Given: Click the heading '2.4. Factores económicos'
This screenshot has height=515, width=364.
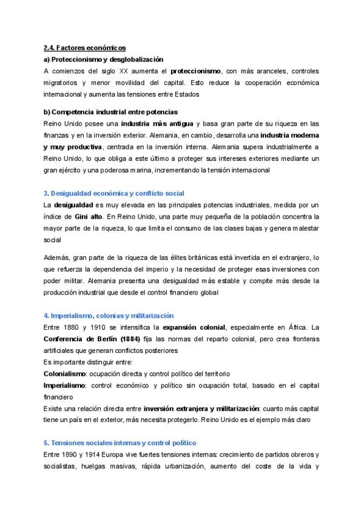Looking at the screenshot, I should tap(84, 47).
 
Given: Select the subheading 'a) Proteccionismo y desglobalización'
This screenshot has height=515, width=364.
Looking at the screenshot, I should tap(104, 59).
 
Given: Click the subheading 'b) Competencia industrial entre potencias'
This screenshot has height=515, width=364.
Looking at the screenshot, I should tap(110, 112).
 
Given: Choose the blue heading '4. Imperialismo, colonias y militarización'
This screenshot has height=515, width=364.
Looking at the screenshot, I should tap(109, 316).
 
